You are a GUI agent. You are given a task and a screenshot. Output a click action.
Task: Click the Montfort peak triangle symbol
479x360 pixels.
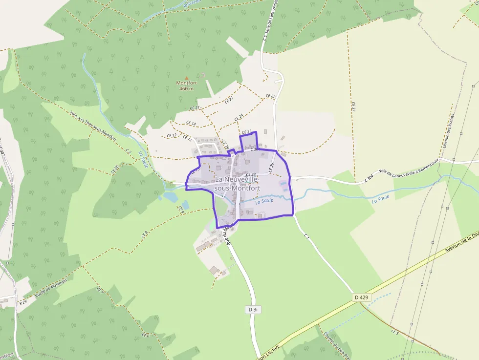click(186, 78)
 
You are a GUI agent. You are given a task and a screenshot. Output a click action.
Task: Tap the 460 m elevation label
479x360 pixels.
click(186, 88)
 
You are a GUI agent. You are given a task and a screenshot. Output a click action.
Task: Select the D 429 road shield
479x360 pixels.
click(361, 297)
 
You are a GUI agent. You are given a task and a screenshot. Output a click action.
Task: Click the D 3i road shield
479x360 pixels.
click(252, 310)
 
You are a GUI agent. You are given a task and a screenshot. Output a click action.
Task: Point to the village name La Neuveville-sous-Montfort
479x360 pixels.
click(237, 184)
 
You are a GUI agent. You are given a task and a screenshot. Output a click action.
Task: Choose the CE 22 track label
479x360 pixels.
click(270, 97)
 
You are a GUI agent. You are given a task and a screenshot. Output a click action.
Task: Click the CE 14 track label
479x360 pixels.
click(191, 124)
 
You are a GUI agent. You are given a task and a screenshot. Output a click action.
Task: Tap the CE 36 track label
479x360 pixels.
click(116, 169)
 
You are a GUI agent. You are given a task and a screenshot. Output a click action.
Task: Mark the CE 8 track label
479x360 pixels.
click(145, 234)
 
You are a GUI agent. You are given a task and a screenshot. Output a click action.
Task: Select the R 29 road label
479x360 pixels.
click(22, 303)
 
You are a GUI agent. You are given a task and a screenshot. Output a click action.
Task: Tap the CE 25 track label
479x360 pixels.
click(247, 132)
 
